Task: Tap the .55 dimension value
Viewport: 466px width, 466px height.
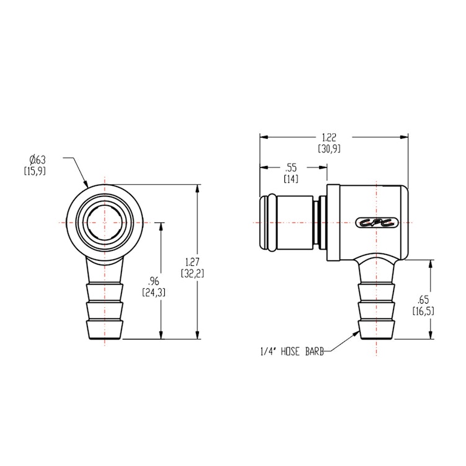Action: tap(290, 168)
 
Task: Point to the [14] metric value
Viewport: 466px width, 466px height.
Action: tap(290, 178)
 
